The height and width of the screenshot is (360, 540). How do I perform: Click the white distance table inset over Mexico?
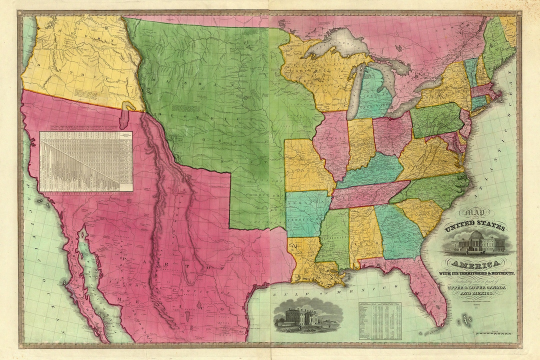point(86,161)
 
